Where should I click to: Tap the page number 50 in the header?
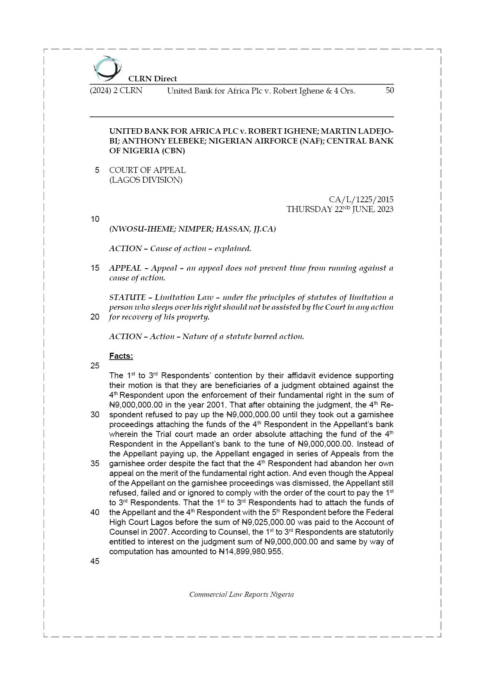(x=390, y=90)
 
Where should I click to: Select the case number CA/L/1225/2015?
(x=361, y=199)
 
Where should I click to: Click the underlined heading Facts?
(x=121, y=356)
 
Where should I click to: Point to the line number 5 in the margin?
(x=97, y=170)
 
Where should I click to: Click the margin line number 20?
(x=95, y=317)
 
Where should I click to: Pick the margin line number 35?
(x=95, y=463)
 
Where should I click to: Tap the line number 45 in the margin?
(x=95, y=561)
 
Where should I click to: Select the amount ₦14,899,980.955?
(x=251, y=551)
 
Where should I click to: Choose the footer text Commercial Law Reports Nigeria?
(x=241, y=594)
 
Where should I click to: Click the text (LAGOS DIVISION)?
(x=145, y=180)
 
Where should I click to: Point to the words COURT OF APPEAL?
(x=147, y=170)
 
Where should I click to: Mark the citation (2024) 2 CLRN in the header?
(x=116, y=91)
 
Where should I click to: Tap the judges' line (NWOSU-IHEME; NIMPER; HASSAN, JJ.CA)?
(x=192, y=229)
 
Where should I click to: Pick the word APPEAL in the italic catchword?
(x=125, y=268)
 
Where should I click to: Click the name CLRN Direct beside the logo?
(x=153, y=79)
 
